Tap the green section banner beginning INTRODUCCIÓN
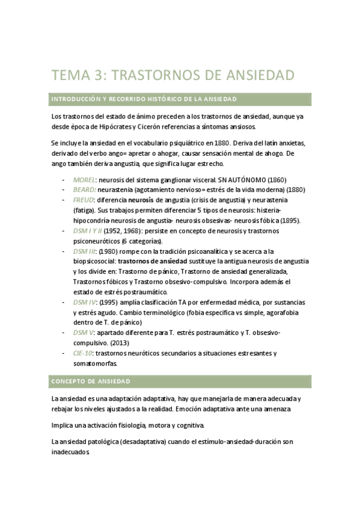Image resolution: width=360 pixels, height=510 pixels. coord(180,99)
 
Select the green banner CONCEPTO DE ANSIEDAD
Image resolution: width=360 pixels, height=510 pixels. coord(180,382)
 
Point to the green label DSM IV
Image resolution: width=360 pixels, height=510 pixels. coord(84,303)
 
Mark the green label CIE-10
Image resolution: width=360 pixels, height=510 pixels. coord(83,353)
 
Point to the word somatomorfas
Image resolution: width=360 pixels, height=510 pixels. coord(96,363)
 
